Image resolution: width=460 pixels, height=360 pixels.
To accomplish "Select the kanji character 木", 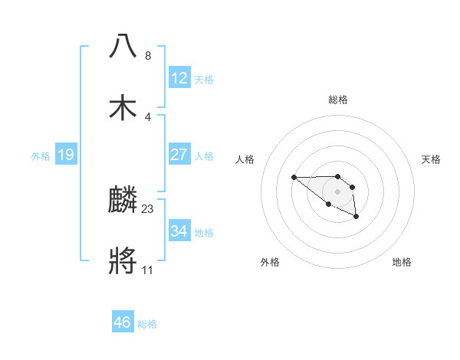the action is click(123, 108).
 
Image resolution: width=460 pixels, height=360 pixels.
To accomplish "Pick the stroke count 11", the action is click(148, 270).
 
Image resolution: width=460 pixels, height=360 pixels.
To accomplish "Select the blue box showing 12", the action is click(179, 77).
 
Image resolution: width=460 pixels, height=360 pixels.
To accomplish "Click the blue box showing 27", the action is click(179, 155).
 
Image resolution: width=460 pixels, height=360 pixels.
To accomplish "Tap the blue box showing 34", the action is click(179, 231).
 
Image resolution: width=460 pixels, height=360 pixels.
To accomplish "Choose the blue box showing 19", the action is click(65, 155).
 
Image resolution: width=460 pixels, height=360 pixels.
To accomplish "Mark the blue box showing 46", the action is click(122, 322).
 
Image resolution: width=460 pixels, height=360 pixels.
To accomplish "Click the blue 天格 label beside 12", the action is click(204, 80).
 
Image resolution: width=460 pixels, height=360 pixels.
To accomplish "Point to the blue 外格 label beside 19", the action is click(41, 156).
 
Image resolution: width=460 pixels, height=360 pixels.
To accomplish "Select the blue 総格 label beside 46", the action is click(147, 324).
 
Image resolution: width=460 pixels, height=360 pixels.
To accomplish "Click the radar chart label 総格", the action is click(338, 100).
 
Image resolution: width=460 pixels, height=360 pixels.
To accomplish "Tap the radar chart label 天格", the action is click(431, 159).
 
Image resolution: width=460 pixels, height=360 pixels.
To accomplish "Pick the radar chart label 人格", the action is click(245, 159).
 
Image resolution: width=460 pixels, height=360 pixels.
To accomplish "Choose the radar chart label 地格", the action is click(402, 262).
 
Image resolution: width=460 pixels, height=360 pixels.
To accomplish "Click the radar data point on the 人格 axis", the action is click(294, 177).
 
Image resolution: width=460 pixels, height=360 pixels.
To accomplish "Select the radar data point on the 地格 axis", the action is click(356, 218).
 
